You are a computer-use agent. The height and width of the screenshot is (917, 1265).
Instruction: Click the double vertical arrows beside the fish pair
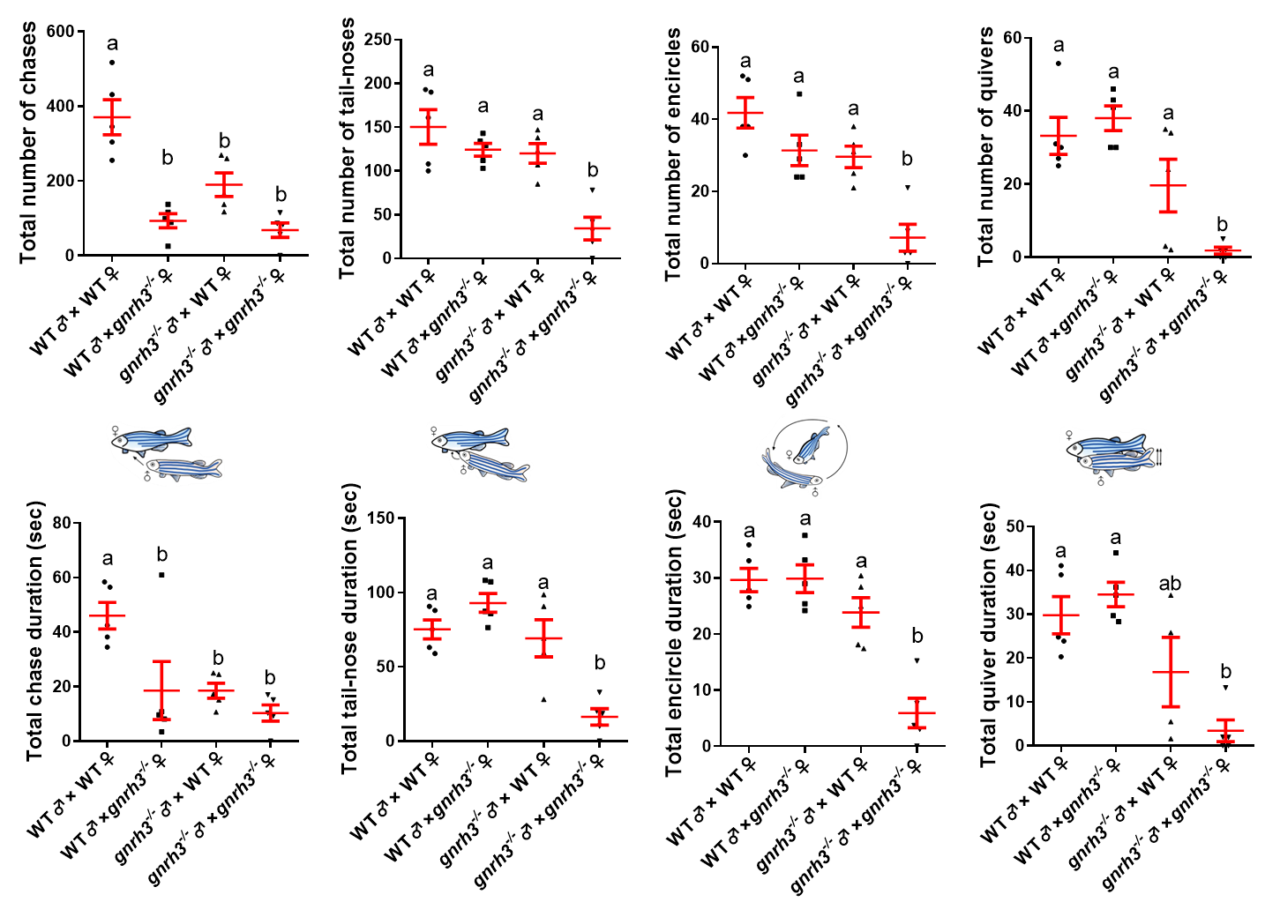1159,456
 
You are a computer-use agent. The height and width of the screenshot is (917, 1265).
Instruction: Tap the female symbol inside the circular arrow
789,454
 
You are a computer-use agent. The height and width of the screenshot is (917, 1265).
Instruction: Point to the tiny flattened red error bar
1223,250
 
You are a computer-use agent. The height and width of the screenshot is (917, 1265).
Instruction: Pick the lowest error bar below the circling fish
917,712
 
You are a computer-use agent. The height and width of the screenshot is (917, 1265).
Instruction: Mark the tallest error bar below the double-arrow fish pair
1171,672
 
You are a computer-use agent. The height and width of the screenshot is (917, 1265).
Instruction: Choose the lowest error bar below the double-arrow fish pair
1225,730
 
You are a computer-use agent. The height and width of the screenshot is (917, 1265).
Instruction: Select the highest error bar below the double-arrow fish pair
1116,594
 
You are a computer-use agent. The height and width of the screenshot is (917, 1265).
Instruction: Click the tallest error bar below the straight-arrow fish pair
161,690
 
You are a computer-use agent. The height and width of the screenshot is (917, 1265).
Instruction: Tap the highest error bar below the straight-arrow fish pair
108,615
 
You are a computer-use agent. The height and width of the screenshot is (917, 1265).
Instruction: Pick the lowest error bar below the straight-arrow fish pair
271,712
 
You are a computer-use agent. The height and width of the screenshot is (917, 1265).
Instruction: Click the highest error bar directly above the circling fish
745,112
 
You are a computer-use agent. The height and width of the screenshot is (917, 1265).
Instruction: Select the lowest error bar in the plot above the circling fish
908,237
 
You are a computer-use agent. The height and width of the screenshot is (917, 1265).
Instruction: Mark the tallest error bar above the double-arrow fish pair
1168,185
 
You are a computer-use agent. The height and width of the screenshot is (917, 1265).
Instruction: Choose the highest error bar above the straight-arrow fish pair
112,116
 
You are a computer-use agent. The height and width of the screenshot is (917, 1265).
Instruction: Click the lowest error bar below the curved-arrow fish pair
600,717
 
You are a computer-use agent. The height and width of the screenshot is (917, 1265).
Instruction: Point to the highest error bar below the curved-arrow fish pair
488,603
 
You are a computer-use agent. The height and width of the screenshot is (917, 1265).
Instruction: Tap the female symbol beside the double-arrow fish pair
1069,435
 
